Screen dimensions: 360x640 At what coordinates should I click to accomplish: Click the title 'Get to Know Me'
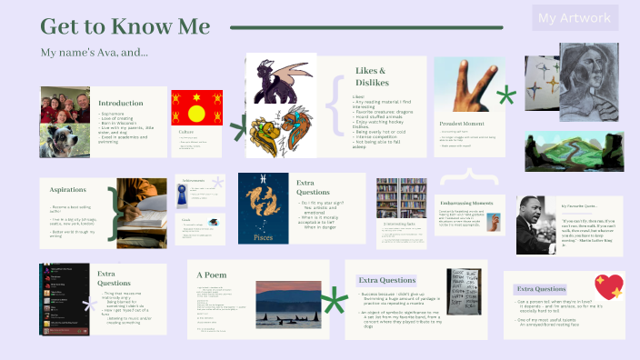pos(125,26)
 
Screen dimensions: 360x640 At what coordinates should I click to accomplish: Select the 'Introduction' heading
pos(120,104)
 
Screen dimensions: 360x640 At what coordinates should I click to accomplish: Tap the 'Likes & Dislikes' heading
pos(370,76)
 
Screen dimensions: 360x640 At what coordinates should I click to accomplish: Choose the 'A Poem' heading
pos(211,275)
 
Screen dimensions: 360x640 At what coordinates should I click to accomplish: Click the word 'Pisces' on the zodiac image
pos(262,236)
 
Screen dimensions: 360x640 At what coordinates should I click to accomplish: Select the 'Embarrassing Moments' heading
pos(465,202)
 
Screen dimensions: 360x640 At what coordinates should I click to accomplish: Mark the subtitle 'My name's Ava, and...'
pos(95,53)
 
